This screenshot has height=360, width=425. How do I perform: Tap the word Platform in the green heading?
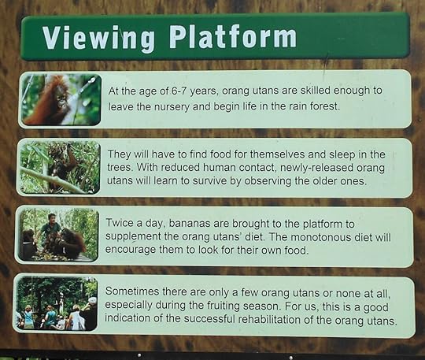pos(232,36)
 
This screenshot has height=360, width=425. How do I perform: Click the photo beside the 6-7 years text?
pos(61,98)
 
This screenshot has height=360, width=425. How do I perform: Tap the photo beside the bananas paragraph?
pos(57,235)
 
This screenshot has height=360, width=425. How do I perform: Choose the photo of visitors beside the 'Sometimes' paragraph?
pos(57,303)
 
